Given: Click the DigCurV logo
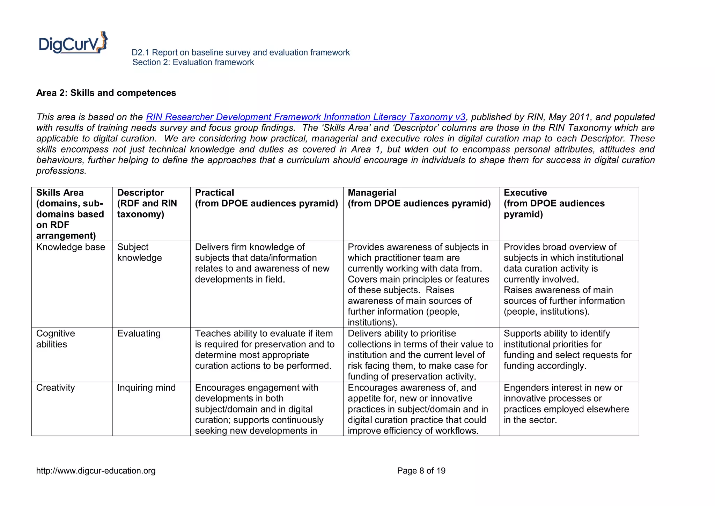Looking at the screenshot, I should (x=73, y=43).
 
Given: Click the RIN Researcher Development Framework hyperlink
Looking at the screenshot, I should (x=305, y=117).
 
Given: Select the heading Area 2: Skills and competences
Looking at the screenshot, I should (x=106, y=93).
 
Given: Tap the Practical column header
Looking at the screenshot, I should (x=266, y=198).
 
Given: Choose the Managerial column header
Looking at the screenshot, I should (x=419, y=198).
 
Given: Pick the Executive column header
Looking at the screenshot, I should (x=554, y=203).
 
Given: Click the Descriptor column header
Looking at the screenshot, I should (x=147, y=203).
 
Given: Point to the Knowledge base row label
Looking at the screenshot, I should (x=71, y=247).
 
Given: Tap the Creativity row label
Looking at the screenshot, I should (x=55, y=388).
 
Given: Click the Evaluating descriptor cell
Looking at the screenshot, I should (x=139, y=333).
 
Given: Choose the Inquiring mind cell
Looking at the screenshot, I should (x=146, y=388).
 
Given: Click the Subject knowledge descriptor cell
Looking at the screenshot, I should (x=139, y=252).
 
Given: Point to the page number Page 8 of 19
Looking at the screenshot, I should (x=421, y=471).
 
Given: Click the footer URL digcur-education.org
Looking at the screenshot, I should (x=96, y=471).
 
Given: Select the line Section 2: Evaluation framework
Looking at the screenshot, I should (x=193, y=63).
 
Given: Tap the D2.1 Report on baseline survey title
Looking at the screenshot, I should (x=241, y=53).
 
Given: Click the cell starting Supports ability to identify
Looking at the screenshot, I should (x=567, y=350).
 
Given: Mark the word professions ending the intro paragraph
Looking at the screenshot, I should (x=61, y=171).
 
